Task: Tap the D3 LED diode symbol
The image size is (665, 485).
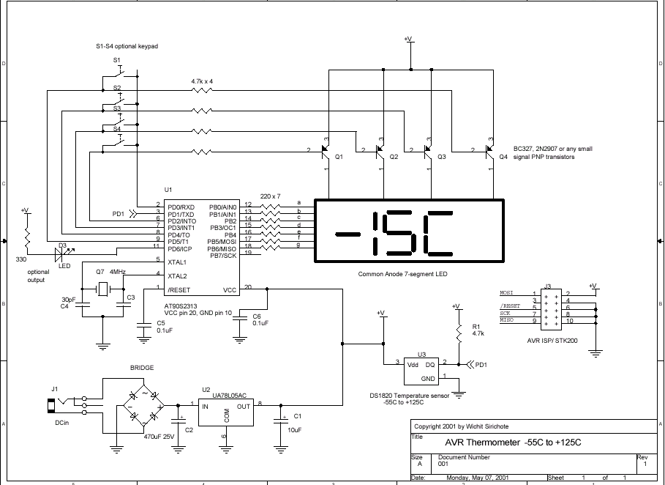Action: click(63, 253)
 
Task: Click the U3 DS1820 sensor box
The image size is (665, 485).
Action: click(420, 371)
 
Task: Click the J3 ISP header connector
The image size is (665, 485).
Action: click(546, 307)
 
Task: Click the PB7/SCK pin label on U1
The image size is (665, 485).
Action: click(222, 256)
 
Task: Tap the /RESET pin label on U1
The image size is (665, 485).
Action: click(181, 289)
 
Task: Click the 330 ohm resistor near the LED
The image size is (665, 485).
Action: click(26, 237)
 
